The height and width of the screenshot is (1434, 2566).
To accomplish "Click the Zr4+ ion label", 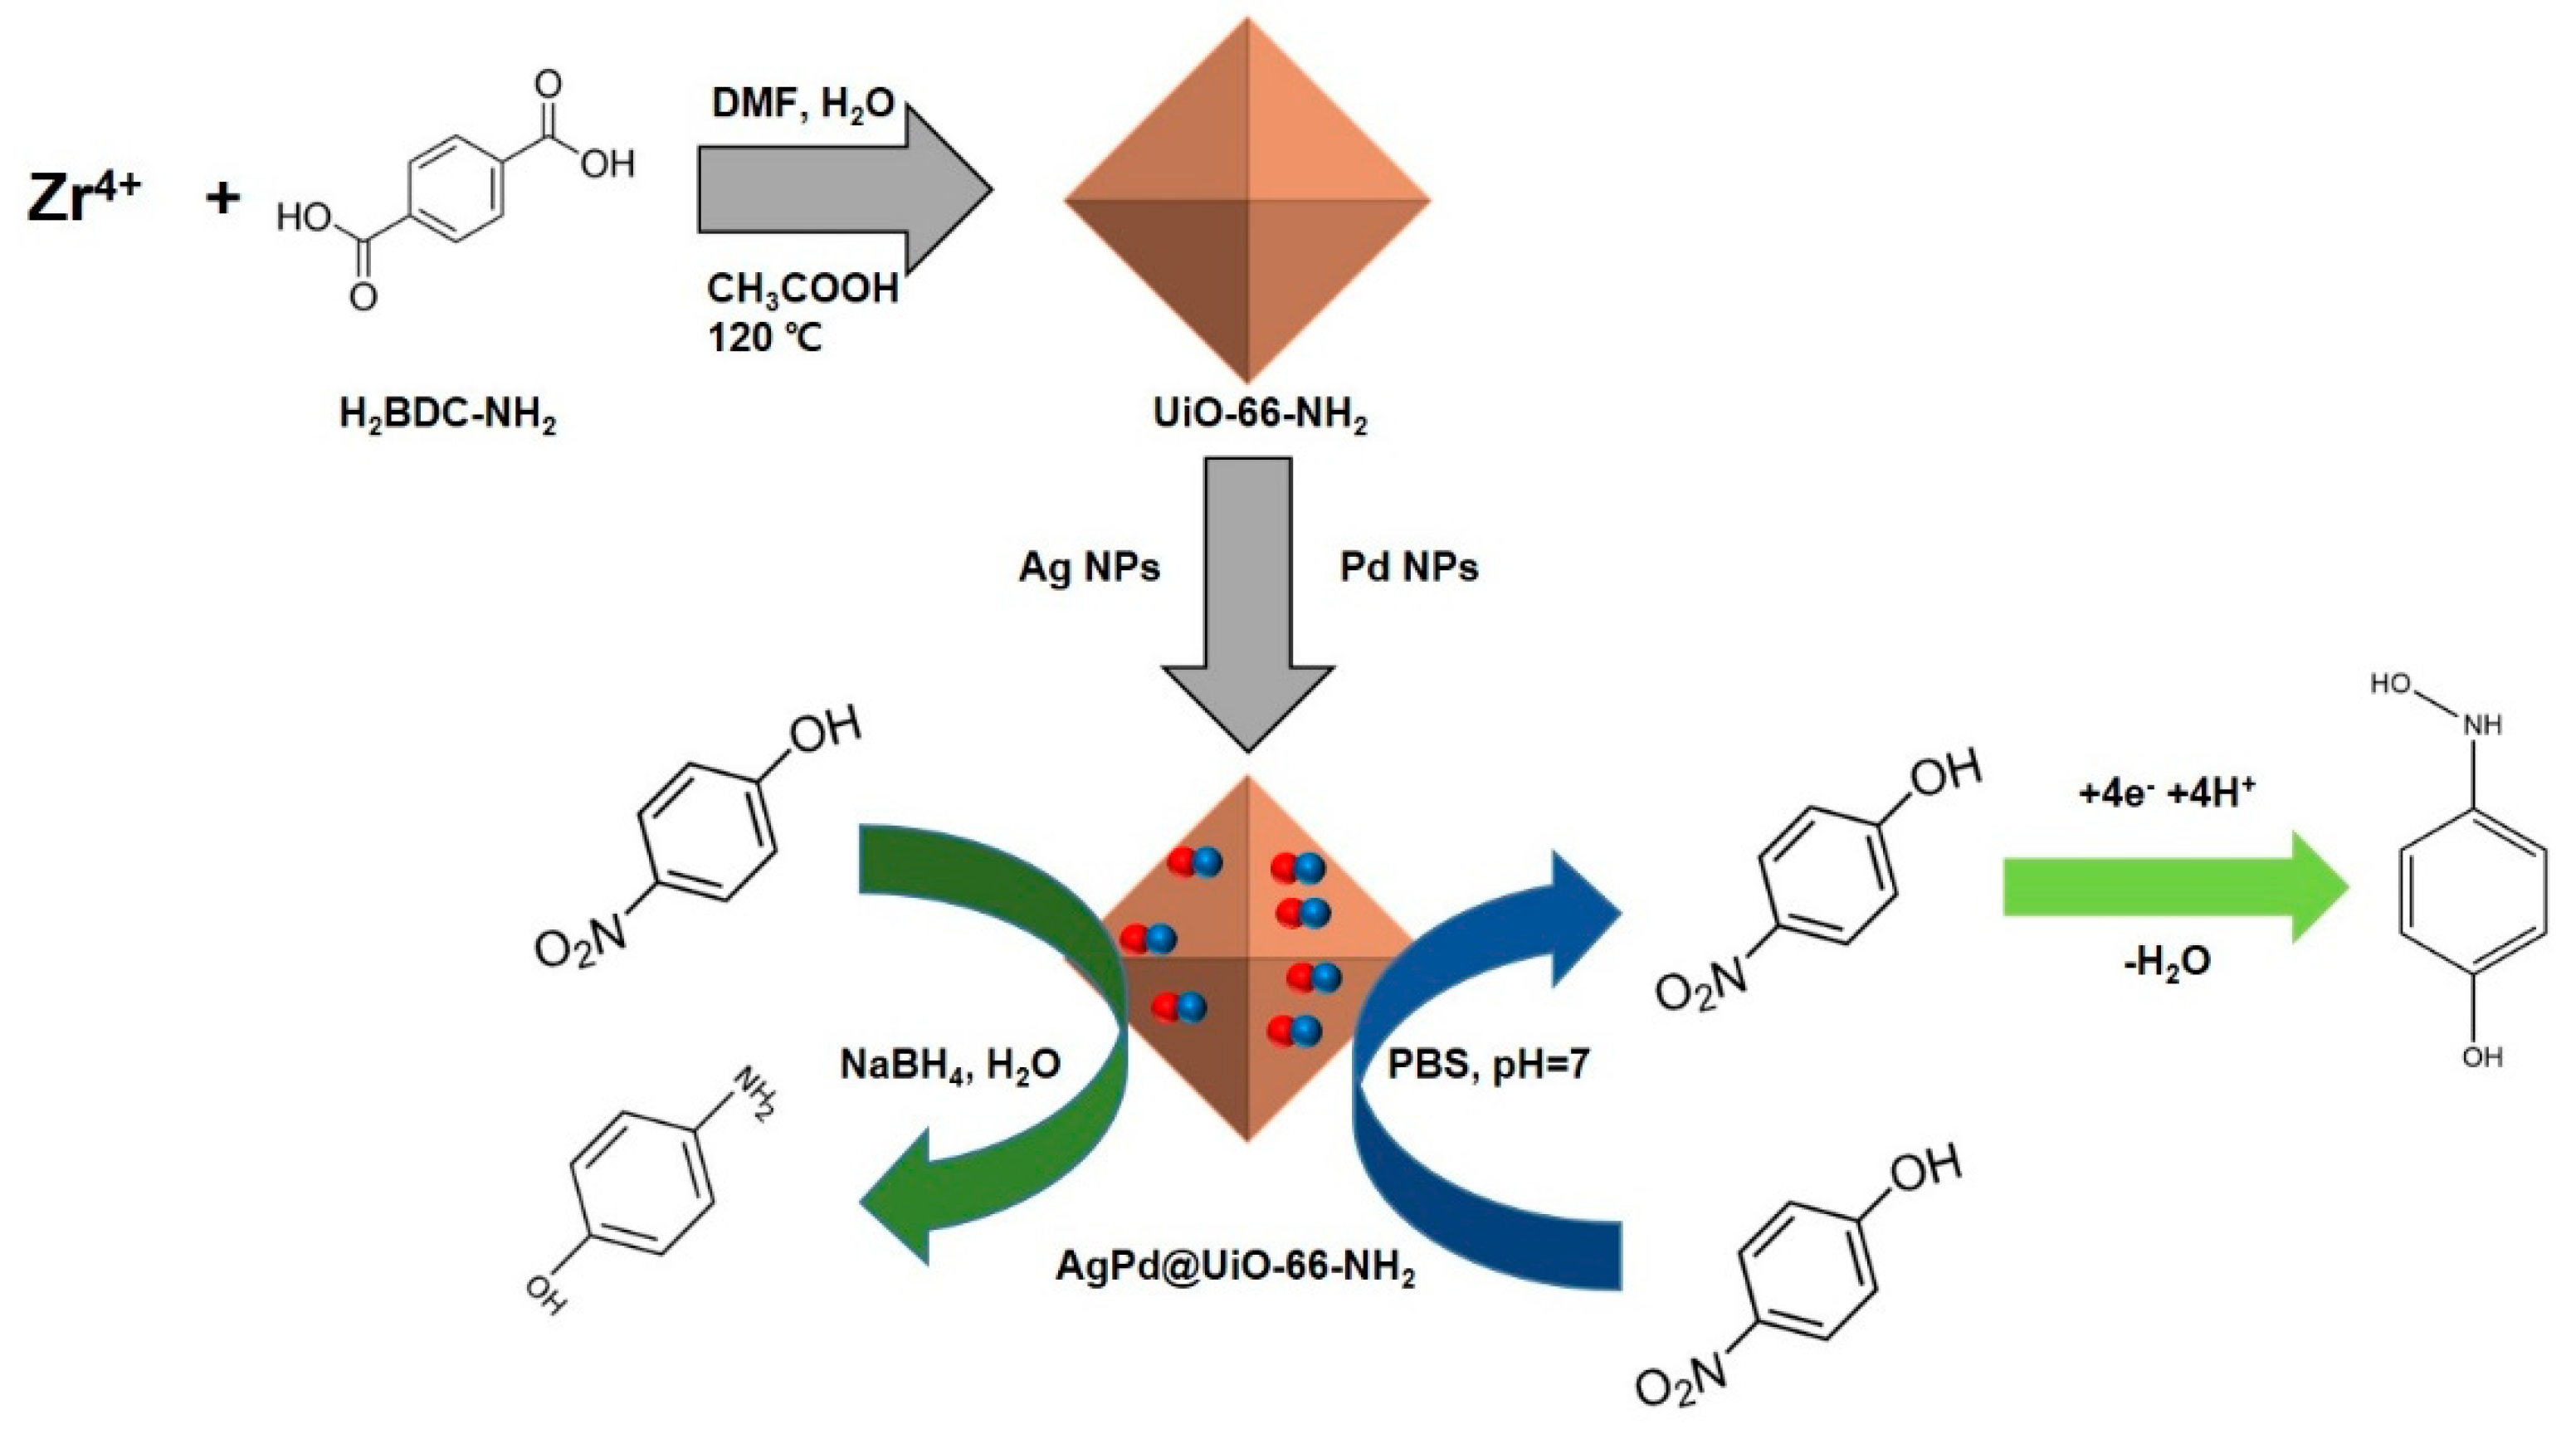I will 84,196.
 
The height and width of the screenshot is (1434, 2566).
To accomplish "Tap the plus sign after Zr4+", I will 222,198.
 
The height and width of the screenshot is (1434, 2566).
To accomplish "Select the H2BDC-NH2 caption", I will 447,412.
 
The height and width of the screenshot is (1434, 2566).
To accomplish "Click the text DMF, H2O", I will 802,104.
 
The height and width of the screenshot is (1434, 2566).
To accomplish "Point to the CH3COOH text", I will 802,289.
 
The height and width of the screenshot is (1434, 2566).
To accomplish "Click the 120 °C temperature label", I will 765,339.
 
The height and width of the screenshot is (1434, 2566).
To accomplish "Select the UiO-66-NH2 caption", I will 1259,412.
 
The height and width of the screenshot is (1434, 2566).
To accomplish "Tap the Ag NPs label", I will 1089,568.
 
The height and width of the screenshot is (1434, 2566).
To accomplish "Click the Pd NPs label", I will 1408,568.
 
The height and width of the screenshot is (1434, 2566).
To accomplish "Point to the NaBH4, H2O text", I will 950,1065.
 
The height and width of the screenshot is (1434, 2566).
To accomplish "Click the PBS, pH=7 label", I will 1488,1065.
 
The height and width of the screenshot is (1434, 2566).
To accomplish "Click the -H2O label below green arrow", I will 2167,961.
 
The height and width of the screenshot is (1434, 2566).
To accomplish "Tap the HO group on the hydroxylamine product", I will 2392,684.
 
